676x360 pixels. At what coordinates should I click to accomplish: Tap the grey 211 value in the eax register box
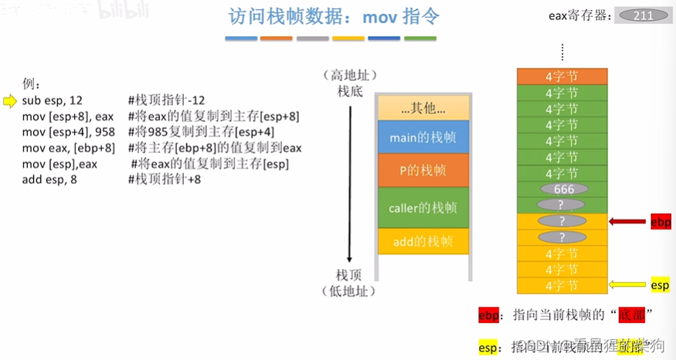[642, 15]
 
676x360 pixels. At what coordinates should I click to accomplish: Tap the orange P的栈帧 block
[423, 171]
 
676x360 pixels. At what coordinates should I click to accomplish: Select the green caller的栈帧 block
[423, 207]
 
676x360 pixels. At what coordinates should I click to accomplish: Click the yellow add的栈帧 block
[423, 241]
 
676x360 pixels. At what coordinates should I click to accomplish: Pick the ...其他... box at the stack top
[423, 107]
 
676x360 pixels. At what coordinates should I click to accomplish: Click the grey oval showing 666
[560, 188]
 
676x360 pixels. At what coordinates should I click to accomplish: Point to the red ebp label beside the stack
[661, 222]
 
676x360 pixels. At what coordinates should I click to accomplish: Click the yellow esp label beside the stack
[660, 285]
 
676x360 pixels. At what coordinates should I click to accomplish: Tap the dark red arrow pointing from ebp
[627, 222]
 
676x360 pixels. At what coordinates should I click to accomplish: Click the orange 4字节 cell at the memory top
[560, 76]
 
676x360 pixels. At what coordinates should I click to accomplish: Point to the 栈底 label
[350, 91]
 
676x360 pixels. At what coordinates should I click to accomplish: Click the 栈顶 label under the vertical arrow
[349, 275]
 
